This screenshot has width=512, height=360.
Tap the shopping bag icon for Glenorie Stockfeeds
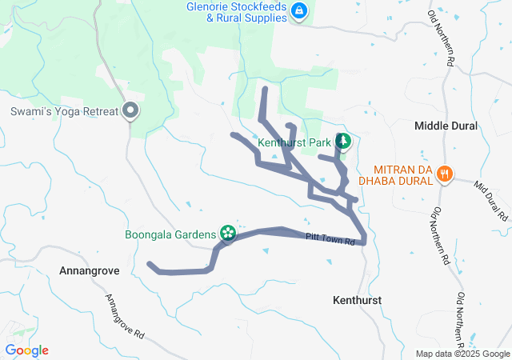pos(298,10)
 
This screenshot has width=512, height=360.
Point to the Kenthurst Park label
pos(294,142)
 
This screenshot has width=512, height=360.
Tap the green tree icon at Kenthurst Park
pos(343,142)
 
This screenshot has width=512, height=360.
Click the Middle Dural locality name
pos(446,126)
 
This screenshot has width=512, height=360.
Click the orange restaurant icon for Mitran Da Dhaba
pos(446,174)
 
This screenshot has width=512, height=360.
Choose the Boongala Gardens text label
pos(170,234)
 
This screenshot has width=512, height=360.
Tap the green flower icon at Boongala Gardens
pos(228,233)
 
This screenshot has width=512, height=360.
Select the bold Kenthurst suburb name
pos(356,299)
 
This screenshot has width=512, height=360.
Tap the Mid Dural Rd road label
pos(491,201)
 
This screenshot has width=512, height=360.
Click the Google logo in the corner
pos(26,350)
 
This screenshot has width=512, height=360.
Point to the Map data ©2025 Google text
pos(462,354)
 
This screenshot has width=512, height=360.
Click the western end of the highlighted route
pos(150,263)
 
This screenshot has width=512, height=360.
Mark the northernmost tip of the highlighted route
pos(265,86)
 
